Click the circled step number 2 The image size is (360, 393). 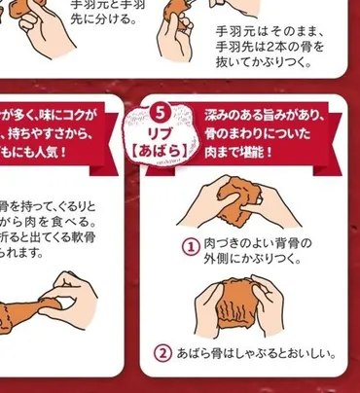[x=164, y=353]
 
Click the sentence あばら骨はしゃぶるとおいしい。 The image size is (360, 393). [x=256, y=353]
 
